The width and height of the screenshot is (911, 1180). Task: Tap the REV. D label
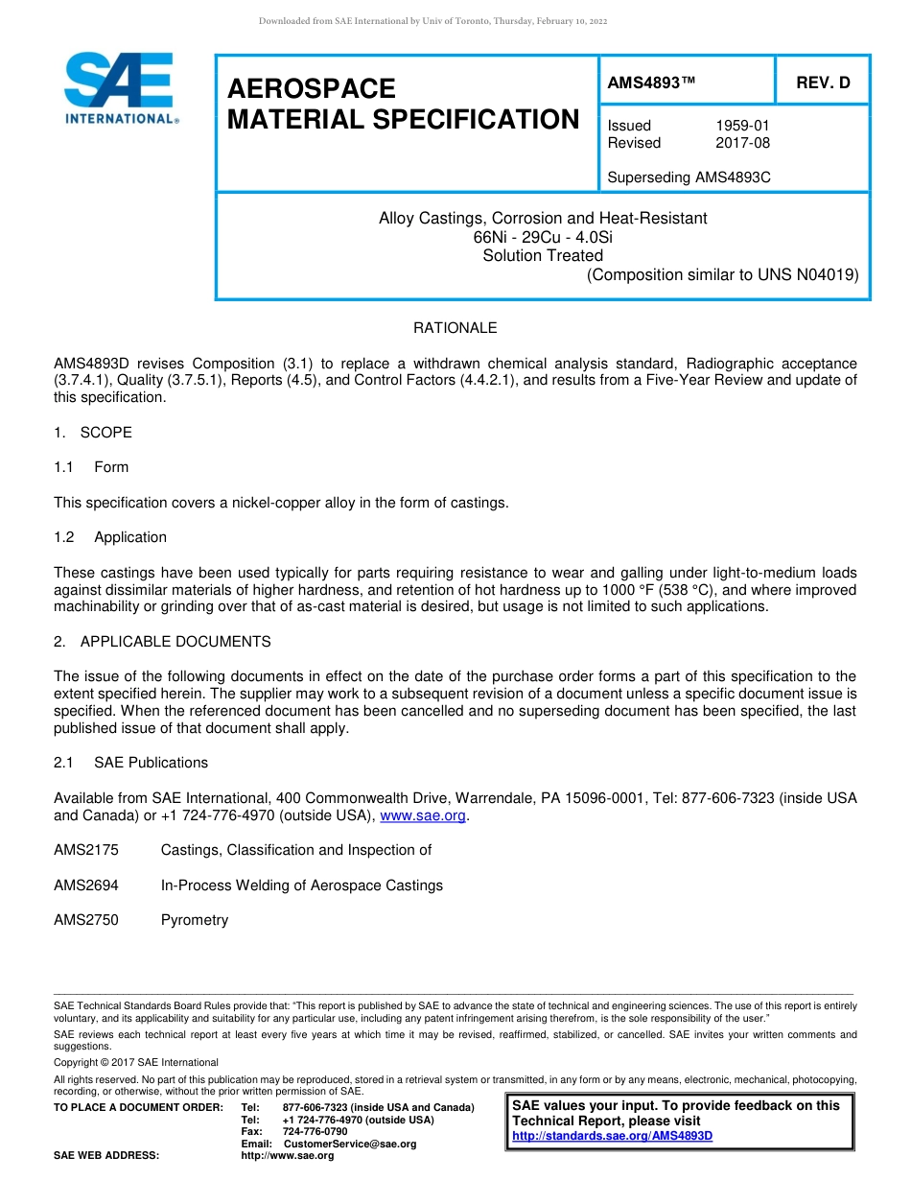pyautogui.click(x=823, y=83)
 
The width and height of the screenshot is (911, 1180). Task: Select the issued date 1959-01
pyautogui.click(x=742, y=126)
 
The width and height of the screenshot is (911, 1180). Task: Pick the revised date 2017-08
pyautogui.click(x=742, y=143)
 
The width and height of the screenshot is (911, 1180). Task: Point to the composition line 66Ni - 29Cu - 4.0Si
pyautogui.click(x=543, y=237)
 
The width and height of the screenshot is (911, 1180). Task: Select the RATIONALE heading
pyautogui.click(x=455, y=328)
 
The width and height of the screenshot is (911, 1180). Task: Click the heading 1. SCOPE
pyautogui.click(x=93, y=433)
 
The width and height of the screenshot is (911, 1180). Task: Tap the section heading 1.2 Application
pyautogui.click(x=110, y=537)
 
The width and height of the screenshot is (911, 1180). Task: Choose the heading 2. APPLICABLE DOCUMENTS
pyautogui.click(x=162, y=642)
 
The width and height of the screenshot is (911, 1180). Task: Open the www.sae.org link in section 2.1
pyautogui.click(x=423, y=816)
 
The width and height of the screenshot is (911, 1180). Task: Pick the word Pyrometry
pyautogui.click(x=195, y=920)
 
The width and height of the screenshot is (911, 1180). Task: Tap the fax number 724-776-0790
pyautogui.click(x=315, y=1132)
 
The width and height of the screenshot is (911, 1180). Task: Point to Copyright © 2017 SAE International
pyautogui.click(x=136, y=1062)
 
